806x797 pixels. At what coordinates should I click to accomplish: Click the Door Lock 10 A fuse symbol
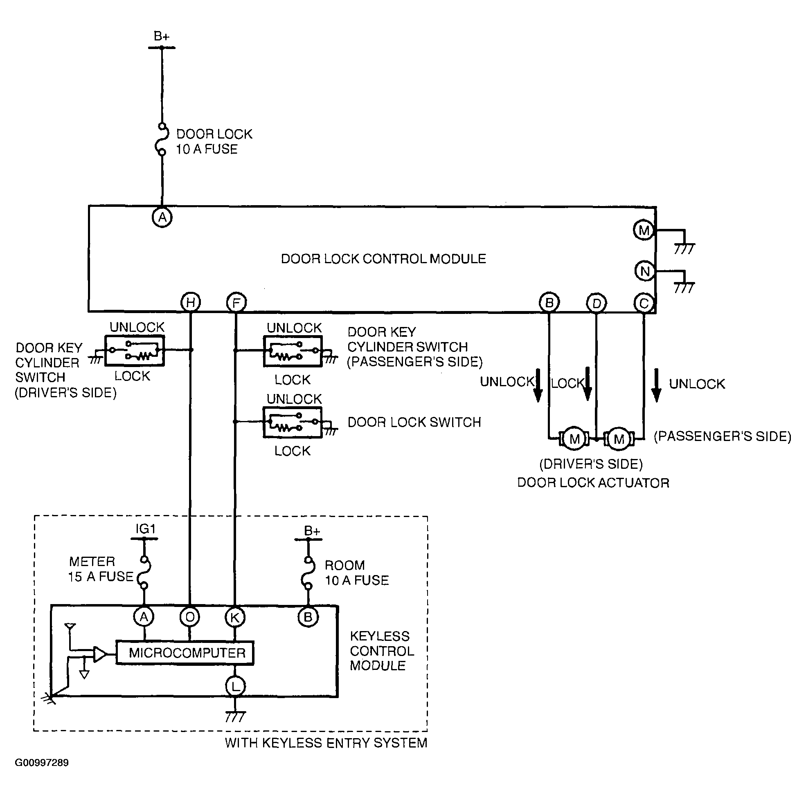[162, 139]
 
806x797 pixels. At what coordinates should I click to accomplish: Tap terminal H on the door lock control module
[191, 302]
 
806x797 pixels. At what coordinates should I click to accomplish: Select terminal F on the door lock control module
[236, 302]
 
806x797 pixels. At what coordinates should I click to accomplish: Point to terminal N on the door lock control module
[644, 271]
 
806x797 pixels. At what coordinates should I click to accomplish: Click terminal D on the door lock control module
[597, 303]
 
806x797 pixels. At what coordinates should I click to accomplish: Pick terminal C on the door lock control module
[644, 303]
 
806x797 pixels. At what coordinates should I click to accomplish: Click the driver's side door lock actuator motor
[574, 439]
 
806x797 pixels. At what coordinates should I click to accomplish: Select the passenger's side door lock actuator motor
[619, 439]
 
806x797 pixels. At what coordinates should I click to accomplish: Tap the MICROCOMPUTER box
[185, 652]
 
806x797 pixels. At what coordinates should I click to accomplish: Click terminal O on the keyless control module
[190, 617]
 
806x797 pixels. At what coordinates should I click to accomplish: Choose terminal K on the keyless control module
[235, 617]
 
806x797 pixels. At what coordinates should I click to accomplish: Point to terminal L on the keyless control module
[235, 687]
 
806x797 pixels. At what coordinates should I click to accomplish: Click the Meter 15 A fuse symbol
[144, 572]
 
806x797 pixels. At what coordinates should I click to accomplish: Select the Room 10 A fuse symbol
[308, 573]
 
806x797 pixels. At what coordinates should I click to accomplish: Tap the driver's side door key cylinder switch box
[134, 351]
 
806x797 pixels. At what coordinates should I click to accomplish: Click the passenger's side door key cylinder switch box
[293, 351]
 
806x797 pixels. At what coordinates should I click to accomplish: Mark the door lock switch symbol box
[293, 422]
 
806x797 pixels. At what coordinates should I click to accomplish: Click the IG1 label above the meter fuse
[145, 528]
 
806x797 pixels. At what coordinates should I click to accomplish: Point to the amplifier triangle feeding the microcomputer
[100, 654]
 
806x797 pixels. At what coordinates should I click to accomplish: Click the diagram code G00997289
[42, 762]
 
